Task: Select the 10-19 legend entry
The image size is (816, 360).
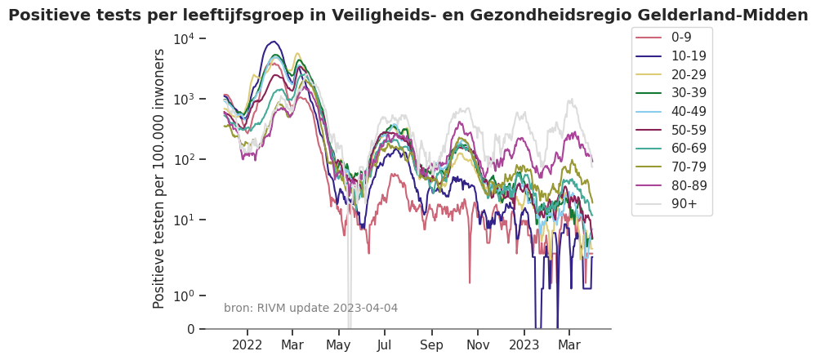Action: pyautogui.click(x=688, y=56)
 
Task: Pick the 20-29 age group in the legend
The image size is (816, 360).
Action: pyautogui.click(x=688, y=74)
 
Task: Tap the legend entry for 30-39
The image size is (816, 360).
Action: pyautogui.click(x=688, y=93)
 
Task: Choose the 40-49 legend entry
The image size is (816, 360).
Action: pyautogui.click(x=688, y=112)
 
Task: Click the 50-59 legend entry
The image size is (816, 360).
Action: pyautogui.click(x=688, y=130)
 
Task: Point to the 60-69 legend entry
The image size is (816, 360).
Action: pyautogui.click(x=688, y=149)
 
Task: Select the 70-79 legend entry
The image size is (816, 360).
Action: pyautogui.click(x=688, y=167)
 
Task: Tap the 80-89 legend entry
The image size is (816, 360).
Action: pyautogui.click(x=688, y=185)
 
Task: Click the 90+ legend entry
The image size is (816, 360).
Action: pyautogui.click(x=684, y=204)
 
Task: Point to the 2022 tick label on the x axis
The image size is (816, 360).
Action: pyautogui.click(x=247, y=345)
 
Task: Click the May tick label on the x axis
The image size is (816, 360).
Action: pyautogui.click(x=338, y=345)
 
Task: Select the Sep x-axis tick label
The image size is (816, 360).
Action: pyautogui.click(x=431, y=345)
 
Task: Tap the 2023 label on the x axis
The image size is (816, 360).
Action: pyautogui.click(x=524, y=345)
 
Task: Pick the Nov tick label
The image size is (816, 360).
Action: pyautogui.click(x=478, y=345)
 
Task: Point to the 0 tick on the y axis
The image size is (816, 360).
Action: pyautogui.click(x=191, y=329)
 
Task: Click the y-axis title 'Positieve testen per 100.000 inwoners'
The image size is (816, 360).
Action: pyautogui.click(x=159, y=178)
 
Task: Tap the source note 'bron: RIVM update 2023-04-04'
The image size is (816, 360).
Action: pyautogui.click(x=310, y=308)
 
